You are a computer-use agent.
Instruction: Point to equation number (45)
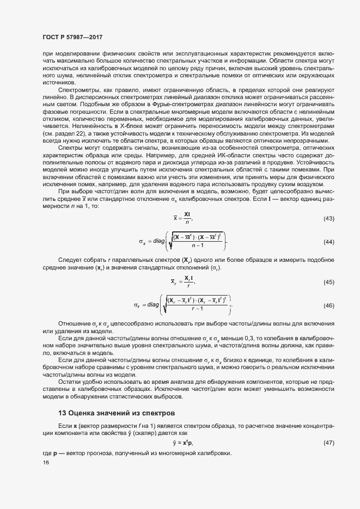tap(328, 282)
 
